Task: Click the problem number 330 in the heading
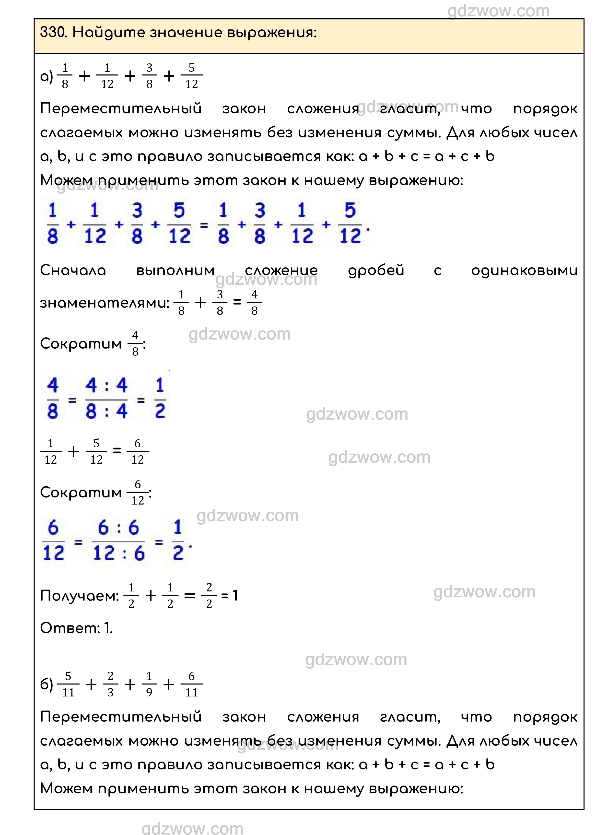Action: coord(53,33)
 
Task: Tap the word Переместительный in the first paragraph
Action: coord(121,109)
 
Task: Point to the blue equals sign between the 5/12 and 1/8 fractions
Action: coord(204,224)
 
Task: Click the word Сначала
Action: coord(73,270)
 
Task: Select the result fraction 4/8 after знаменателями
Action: coord(254,303)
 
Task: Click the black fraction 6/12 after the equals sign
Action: coord(137,451)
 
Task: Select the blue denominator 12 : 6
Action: coord(118,553)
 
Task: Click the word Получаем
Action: coord(79,595)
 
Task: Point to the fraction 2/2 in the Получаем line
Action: coord(209,595)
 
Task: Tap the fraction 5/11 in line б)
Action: coord(68,684)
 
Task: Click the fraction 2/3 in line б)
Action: coord(110,684)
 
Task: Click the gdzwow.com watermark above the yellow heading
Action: coord(498,11)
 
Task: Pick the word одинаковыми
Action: coord(524,270)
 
